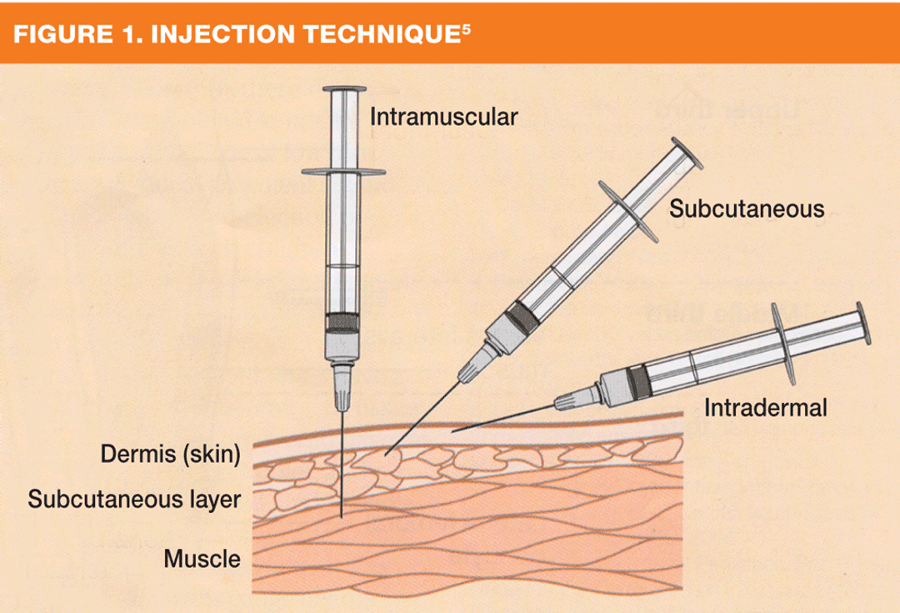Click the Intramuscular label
[x=443, y=116]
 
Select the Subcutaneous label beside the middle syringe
[x=747, y=208]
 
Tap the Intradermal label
[x=765, y=408]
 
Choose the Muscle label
[x=202, y=557]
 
